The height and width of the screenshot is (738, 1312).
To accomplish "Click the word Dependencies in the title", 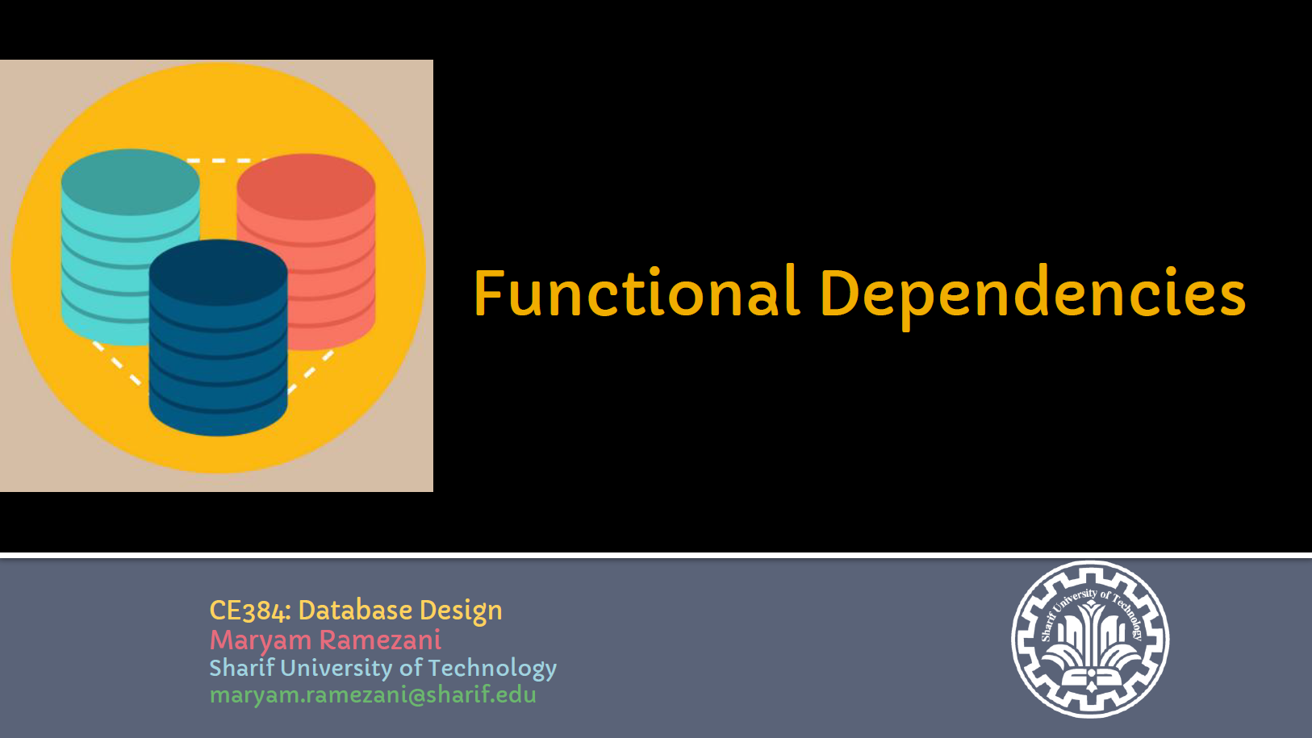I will pos(1032,294).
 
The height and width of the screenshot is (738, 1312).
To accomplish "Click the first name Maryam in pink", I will pos(260,640).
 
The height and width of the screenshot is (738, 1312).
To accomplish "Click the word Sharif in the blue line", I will pos(241,668).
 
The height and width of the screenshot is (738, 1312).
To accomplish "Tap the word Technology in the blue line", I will pos(492,668).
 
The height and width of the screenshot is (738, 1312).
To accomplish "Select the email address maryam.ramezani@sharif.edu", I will pos(373,694).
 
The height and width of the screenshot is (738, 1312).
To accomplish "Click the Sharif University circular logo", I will pos(1090,640).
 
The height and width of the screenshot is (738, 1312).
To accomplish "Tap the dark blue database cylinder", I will pos(218,355).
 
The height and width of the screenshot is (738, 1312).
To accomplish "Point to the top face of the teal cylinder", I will pos(130,182).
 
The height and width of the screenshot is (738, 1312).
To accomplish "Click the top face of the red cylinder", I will pos(306,187).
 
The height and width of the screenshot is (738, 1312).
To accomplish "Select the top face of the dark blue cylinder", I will pos(218,273).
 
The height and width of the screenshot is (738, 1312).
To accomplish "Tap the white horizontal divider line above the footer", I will pos(656,555).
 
